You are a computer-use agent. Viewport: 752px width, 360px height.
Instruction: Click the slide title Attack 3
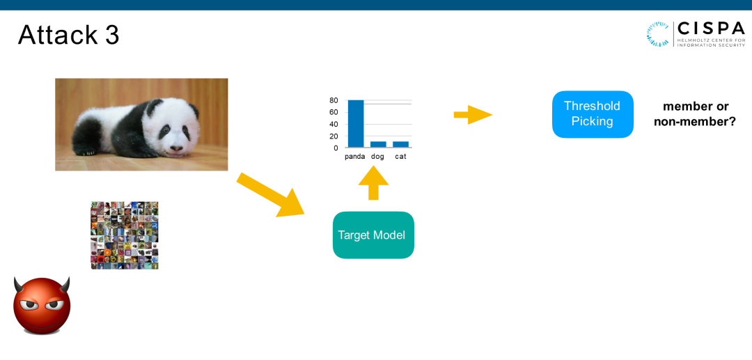pos(68,35)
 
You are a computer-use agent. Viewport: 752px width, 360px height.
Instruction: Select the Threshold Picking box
pos(593,114)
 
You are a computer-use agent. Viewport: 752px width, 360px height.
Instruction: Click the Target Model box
pos(373,235)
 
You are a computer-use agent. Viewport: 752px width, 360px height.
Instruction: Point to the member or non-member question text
pos(695,114)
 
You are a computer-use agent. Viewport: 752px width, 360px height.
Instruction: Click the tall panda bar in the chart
pos(356,124)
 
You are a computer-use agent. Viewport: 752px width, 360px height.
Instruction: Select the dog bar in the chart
pos(378,144)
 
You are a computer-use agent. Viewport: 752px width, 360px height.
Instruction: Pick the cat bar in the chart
pos(400,144)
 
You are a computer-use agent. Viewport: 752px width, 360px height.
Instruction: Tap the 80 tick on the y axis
pos(334,100)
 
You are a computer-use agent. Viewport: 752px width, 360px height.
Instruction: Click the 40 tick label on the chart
pos(334,124)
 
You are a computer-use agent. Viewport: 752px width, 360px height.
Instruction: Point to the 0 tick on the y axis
pos(336,148)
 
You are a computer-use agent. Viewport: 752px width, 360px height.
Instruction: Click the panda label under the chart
pos(355,157)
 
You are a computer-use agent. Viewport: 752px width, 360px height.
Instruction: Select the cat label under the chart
pos(400,157)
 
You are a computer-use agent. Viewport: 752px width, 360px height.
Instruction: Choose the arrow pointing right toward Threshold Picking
pos(473,114)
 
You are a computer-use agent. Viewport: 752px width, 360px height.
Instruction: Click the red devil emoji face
pos(42,306)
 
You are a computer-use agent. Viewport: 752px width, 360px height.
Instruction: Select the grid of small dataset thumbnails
pos(125,235)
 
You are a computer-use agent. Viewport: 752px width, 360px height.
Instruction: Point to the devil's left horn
pos(19,283)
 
